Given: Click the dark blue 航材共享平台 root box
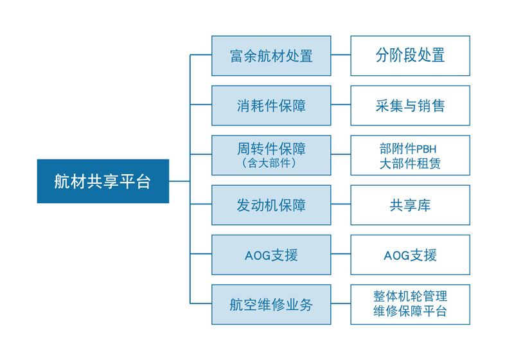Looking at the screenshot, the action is [x=103, y=181].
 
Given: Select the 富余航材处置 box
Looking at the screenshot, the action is [x=271, y=56].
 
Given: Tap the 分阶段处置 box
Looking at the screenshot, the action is [x=410, y=56].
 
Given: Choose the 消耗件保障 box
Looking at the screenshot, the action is [x=271, y=105].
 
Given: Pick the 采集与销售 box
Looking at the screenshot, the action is [x=410, y=105].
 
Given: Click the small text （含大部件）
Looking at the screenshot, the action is [x=269, y=163].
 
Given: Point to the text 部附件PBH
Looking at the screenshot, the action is [x=408, y=149].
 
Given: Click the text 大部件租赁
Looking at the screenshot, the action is [x=410, y=163].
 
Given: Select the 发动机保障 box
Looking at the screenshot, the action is [x=271, y=205].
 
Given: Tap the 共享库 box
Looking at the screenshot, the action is [x=410, y=205].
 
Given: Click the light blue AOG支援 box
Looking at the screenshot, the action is [x=271, y=255].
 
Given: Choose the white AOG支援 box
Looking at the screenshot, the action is [x=410, y=255].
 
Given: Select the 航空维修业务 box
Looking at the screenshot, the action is [x=271, y=305].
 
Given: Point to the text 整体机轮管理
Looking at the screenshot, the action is [x=410, y=296].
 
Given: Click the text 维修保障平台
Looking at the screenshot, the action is [x=410, y=311].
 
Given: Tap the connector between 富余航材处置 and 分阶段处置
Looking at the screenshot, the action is [x=341, y=55].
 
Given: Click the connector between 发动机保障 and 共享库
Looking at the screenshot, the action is [x=341, y=204].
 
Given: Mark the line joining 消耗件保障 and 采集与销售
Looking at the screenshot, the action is [x=341, y=105].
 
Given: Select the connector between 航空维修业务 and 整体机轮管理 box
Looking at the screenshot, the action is [x=341, y=303].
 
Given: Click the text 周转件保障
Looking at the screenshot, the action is [x=271, y=149].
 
